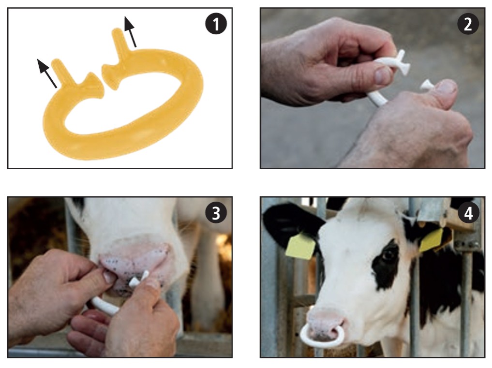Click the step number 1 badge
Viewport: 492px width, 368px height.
[216, 24]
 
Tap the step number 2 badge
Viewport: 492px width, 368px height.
[468, 24]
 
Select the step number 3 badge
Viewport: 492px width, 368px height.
[216, 213]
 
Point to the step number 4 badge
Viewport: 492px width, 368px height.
[468, 213]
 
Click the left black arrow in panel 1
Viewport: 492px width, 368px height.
[47, 74]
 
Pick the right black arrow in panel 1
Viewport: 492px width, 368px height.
[130, 32]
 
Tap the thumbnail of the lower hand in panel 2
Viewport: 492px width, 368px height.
[445, 87]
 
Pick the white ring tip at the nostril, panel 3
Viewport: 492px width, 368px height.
[139, 279]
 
